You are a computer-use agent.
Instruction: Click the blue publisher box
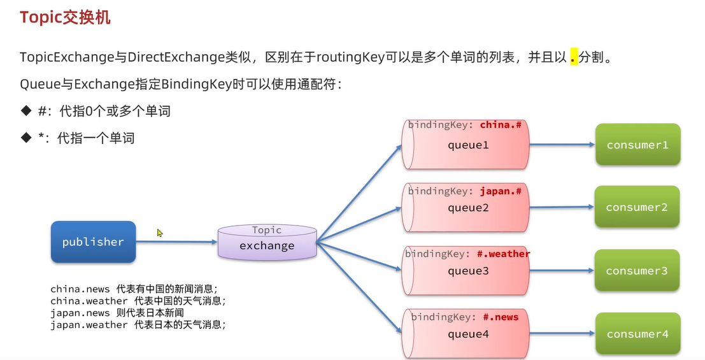93,242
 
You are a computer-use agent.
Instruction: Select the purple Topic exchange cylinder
267,242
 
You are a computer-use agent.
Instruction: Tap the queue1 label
467,145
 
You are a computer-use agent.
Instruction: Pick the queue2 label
467,208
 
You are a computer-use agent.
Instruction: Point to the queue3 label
467,271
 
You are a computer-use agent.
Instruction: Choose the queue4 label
467,334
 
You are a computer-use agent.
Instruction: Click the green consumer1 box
637,145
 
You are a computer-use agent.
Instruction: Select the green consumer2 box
637,208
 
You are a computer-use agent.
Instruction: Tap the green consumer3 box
637,271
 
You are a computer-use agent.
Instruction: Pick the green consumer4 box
637,334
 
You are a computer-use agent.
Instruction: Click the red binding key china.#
501,125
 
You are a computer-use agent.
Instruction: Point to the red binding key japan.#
501,191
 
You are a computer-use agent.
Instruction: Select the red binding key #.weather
503,254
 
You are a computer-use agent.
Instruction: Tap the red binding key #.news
501,317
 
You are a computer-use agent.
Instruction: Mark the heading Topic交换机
65,17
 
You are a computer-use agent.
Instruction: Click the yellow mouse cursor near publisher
160,233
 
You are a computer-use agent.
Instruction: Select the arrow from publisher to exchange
176,241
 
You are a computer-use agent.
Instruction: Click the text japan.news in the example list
80,313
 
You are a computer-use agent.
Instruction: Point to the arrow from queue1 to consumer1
560,145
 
